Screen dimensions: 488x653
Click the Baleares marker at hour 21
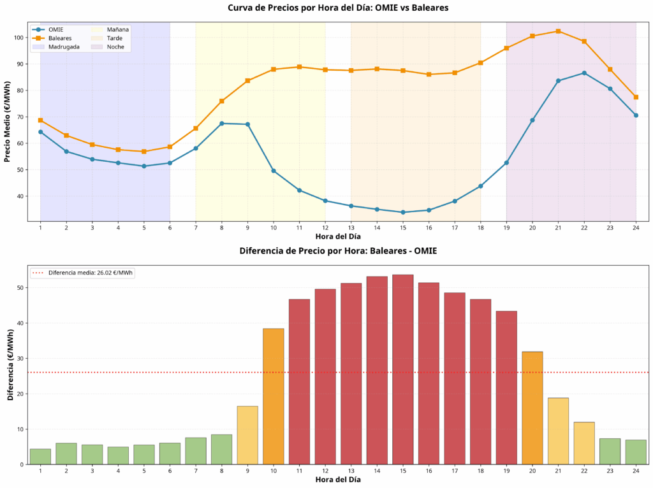click(x=558, y=31)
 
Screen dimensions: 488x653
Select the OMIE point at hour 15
click(x=402, y=212)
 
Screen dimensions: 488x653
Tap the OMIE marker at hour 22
click(x=584, y=73)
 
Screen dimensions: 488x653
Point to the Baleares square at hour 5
click(x=144, y=152)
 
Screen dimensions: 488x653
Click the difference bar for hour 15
click(x=402, y=370)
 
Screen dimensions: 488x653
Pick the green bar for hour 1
click(x=40, y=457)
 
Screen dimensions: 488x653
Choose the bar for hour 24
click(x=636, y=452)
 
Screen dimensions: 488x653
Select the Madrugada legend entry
click(x=64, y=47)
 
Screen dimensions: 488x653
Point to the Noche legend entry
click(x=115, y=47)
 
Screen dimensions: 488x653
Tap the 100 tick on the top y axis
click(x=20, y=38)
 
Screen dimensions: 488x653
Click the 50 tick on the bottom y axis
click(x=20, y=288)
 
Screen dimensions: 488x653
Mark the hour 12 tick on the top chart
click(x=325, y=228)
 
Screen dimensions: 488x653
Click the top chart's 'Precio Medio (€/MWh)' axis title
click(x=8, y=121)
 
